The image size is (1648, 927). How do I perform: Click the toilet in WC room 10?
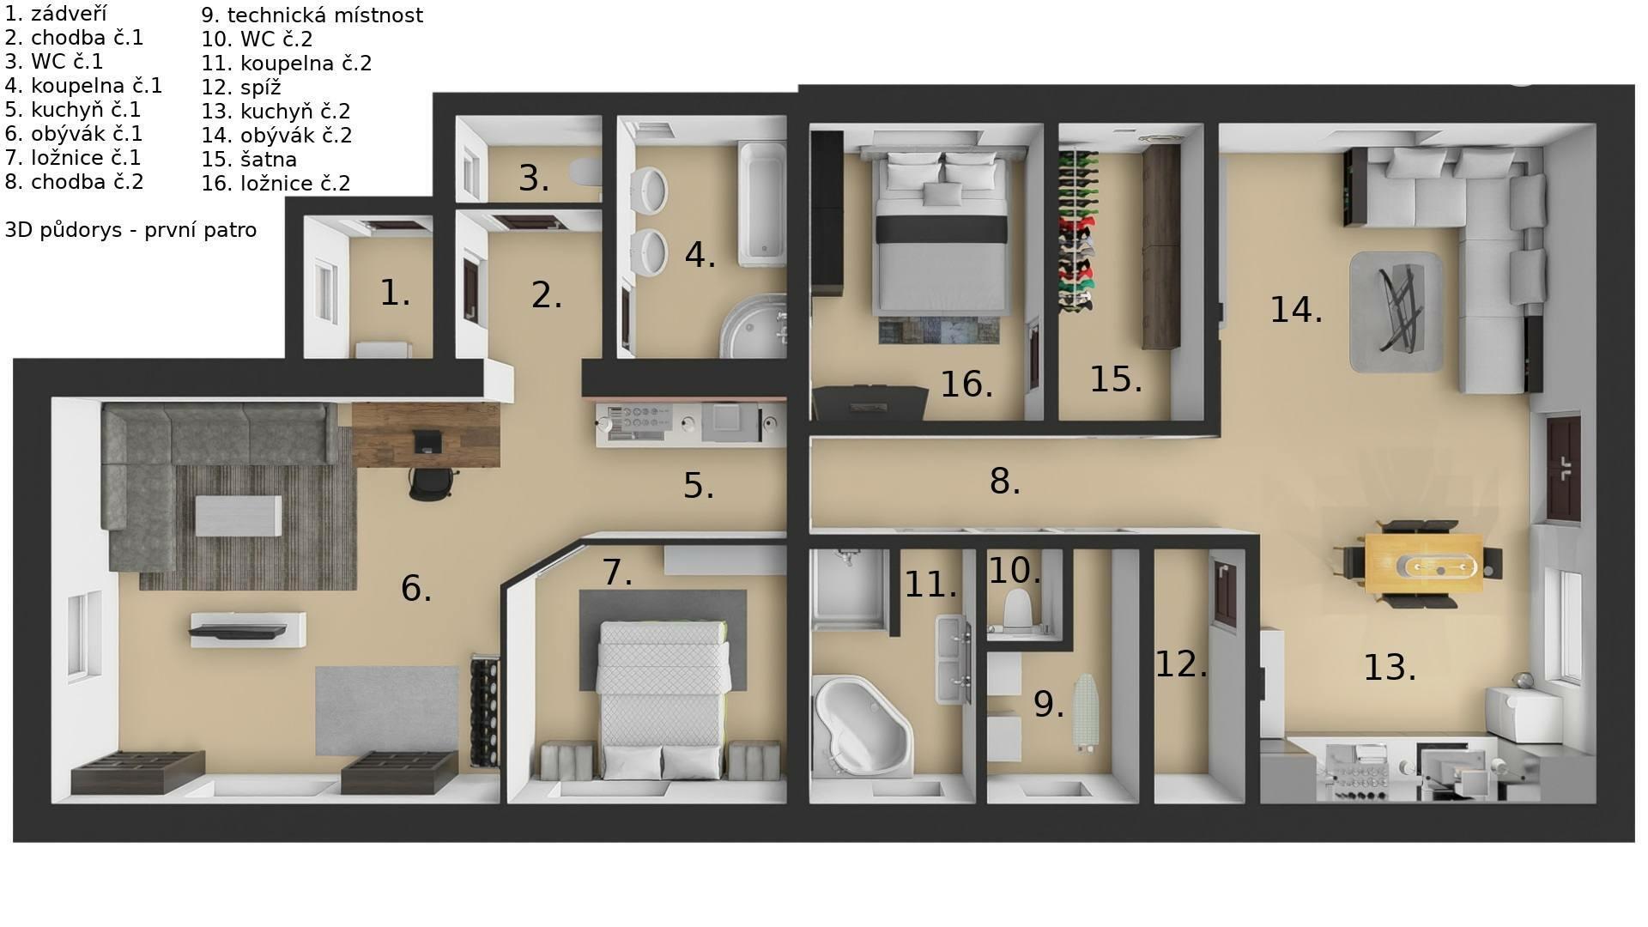coord(1017,609)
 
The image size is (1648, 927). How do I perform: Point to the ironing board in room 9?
coord(1086,713)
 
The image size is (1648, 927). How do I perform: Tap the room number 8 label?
coord(1004,482)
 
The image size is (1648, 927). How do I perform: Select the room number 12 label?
coord(1181,664)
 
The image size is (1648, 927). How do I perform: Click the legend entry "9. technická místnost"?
coord(312,15)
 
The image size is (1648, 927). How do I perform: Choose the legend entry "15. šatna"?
coord(249,160)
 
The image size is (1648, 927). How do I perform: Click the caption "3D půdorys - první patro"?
coord(130,230)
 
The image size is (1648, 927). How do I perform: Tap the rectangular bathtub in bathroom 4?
coord(762,204)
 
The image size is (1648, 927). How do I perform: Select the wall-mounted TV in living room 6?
coord(238,632)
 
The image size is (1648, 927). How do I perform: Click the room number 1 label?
coord(395,294)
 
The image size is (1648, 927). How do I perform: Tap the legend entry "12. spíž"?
coord(241,88)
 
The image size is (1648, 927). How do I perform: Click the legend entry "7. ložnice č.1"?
coord(72,158)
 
